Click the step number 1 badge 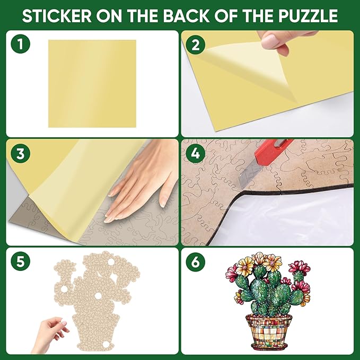tap(20, 45)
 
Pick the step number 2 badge tap(196, 45)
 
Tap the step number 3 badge tap(20, 154)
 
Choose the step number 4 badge tap(196, 154)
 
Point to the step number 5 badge tap(20, 262)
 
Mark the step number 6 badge tap(196, 262)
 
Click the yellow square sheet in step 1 tap(92, 83)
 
